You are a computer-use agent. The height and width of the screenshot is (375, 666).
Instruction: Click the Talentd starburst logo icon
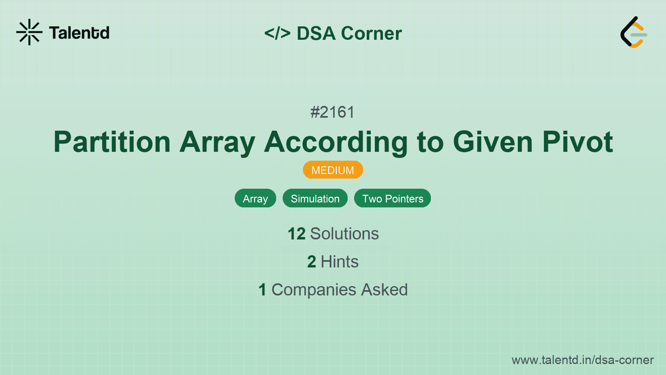[x=29, y=32]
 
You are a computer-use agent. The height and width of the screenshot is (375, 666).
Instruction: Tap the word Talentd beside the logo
[x=79, y=33]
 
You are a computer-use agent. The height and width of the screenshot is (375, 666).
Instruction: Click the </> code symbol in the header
[x=277, y=33]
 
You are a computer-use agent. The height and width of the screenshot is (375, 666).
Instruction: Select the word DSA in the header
[x=316, y=33]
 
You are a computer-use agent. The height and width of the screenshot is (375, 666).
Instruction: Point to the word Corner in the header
[x=372, y=33]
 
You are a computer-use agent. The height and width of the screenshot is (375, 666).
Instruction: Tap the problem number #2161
[x=333, y=112]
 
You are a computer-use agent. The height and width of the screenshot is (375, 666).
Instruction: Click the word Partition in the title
[x=112, y=142]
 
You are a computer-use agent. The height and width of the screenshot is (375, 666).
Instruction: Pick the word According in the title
[x=336, y=142]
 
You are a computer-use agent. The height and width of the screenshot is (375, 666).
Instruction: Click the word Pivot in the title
[x=577, y=142]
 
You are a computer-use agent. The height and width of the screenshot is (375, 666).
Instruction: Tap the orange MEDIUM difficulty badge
[x=333, y=170]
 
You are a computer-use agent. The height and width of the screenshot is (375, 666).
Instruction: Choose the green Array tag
[x=255, y=198]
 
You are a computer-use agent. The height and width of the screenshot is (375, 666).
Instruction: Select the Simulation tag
[x=315, y=198]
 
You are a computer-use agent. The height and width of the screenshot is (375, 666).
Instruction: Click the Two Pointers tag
[x=393, y=198]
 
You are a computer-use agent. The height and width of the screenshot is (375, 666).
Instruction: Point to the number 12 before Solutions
[x=296, y=234]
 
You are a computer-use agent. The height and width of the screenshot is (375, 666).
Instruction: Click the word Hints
[x=339, y=262]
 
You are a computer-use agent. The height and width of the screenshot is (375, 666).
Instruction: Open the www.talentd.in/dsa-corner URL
[x=582, y=360]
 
